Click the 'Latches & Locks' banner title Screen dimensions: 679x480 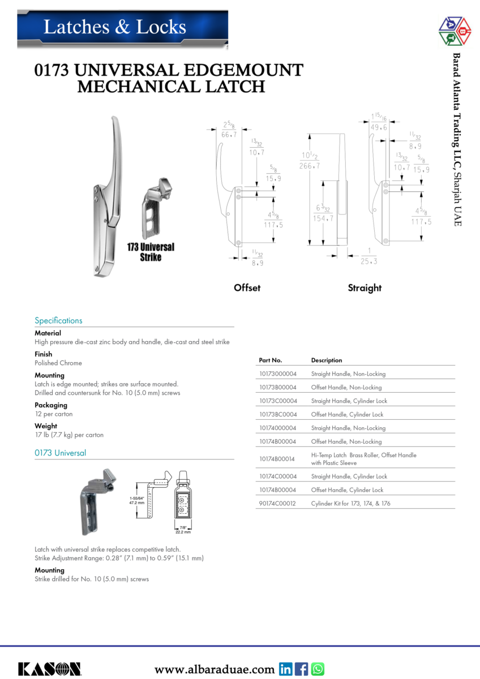115,27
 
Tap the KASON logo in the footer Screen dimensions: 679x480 49,669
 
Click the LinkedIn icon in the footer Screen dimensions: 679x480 286,669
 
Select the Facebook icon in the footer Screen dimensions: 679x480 302,669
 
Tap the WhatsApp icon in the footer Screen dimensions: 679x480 318,669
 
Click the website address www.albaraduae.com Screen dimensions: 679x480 215,669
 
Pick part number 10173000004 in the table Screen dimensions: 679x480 277,374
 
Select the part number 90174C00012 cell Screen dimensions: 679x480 277,503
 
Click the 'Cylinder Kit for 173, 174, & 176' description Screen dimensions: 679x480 350,503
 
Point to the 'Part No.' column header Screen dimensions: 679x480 271,360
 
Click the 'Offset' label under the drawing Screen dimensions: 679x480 247,287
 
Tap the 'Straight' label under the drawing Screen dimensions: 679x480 365,287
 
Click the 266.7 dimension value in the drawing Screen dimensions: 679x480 310,166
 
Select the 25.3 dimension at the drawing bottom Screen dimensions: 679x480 368,261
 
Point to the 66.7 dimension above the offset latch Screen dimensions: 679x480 229,135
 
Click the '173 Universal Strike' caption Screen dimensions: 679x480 151,252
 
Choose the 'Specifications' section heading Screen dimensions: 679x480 58,320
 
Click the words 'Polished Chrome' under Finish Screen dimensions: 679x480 58,363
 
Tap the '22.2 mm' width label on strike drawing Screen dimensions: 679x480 182,532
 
